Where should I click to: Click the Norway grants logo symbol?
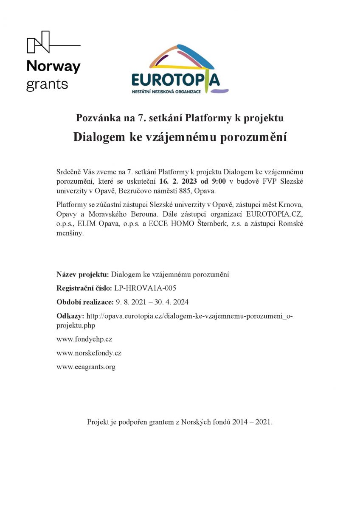click(x=38, y=42)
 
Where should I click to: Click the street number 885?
click(x=185, y=190)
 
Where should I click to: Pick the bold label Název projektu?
click(x=83, y=274)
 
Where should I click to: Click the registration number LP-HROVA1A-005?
click(x=145, y=288)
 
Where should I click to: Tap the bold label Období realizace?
click(x=85, y=302)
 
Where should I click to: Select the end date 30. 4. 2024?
click(x=171, y=302)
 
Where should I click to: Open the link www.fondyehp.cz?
click(x=84, y=339)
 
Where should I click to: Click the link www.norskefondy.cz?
click(x=89, y=353)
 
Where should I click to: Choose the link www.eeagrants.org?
click(x=86, y=366)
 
